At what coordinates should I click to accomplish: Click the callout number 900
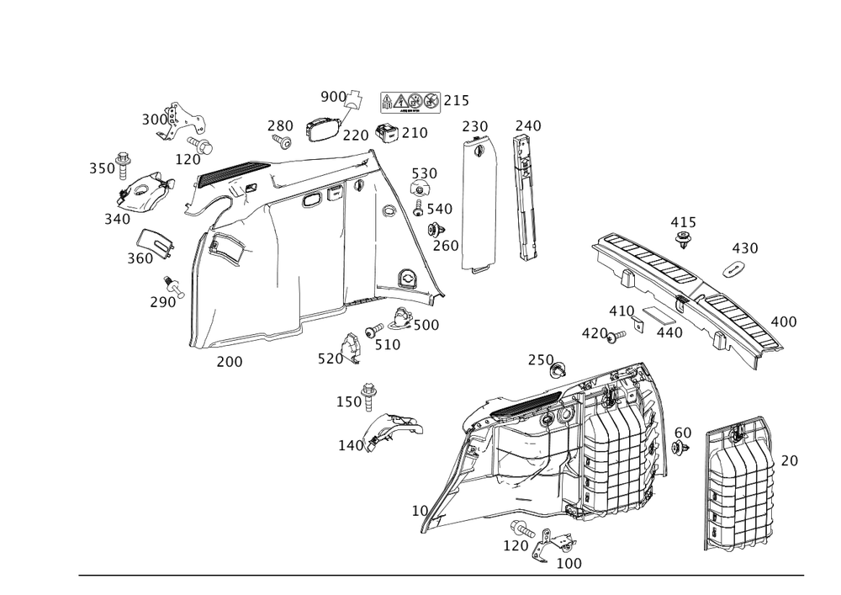(x=335, y=98)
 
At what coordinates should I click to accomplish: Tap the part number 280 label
(x=279, y=126)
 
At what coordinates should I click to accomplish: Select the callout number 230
(x=474, y=126)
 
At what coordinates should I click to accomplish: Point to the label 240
(x=528, y=126)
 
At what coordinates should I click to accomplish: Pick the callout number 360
(x=140, y=258)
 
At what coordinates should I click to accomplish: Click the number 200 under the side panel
(x=230, y=361)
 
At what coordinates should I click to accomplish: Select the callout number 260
(x=445, y=246)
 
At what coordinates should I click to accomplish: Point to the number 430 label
(x=744, y=248)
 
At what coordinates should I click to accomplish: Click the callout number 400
(x=784, y=321)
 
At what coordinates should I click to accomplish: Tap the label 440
(x=669, y=332)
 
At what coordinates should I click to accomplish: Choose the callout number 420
(x=594, y=333)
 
